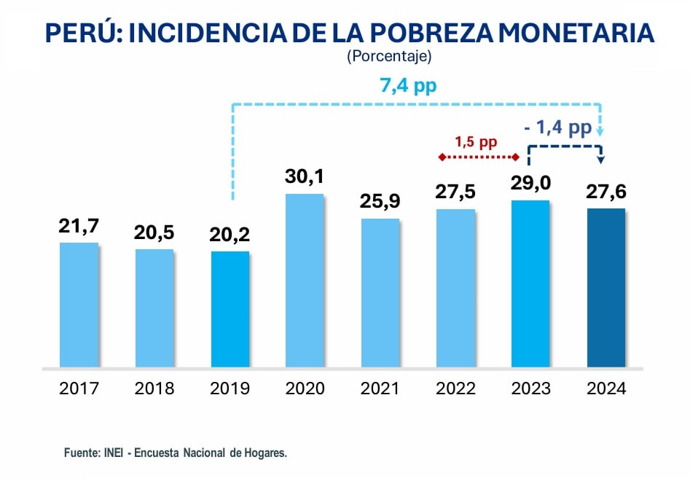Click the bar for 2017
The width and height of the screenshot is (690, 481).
pos(79,305)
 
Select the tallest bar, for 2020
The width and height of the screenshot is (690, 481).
pos(305,281)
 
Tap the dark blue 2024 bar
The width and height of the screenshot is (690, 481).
pos(606,288)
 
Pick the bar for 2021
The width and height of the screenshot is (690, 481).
pos(380,292)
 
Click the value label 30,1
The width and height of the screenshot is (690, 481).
pos(305,176)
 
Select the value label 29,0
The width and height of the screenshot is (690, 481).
pos(530,184)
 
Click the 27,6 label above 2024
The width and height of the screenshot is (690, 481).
pos(606,192)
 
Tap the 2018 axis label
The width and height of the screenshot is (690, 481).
pos(154,388)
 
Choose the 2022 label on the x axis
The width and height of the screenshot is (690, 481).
pos(455,388)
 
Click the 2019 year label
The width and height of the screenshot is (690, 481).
pos(230,388)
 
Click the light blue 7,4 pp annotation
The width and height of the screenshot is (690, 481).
pos(408,87)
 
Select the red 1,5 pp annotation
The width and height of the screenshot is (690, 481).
pos(477,141)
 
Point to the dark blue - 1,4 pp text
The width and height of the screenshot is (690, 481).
pos(557,128)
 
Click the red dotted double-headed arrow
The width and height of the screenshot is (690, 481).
pos(478,157)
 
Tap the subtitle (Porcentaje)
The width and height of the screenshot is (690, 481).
pos(390,55)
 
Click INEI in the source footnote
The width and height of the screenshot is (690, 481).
pos(111,453)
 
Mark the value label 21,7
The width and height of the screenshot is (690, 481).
pos(79,226)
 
